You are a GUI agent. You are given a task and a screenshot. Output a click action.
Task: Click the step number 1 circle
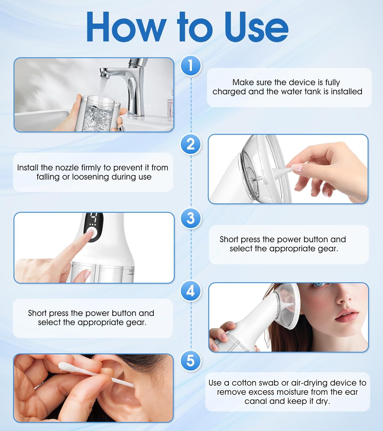tap(191, 66)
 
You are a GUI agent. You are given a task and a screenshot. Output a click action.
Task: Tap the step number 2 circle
tap(191, 144)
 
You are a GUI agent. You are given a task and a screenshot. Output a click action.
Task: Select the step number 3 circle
tap(191, 218)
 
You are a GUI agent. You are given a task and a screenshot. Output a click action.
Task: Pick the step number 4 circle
tap(191, 291)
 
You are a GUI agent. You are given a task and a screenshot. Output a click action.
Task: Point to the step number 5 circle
tap(191, 360)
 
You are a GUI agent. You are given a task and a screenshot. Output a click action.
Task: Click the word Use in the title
tap(256, 28)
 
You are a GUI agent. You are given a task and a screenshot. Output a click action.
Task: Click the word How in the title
tap(126, 28)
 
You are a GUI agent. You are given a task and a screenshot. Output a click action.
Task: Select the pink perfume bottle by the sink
tap(171, 108)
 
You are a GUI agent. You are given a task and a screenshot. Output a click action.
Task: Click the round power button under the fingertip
tap(92, 232)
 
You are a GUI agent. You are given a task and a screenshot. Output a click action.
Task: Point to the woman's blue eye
tap(318, 285)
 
